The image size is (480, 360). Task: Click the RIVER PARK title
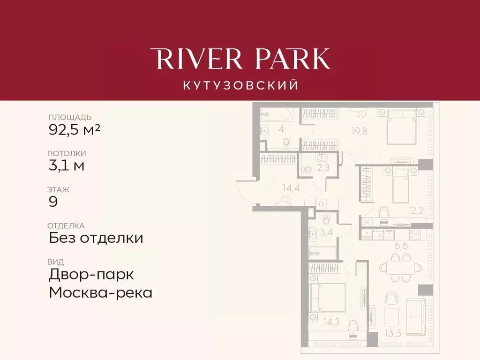point(240,59)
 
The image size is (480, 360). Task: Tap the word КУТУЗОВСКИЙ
point(240,85)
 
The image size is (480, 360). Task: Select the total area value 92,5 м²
point(75,129)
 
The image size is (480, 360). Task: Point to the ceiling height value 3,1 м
point(67,165)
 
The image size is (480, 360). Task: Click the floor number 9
point(53,202)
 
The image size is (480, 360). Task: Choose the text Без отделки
point(96,238)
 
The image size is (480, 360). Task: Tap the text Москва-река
point(101,293)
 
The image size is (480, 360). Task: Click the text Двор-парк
point(91,274)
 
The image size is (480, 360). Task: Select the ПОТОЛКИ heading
point(67,153)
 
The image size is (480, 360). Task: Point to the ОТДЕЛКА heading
point(66,226)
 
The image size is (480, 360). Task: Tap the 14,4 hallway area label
point(291,188)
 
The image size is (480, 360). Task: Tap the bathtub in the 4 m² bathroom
point(276,116)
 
